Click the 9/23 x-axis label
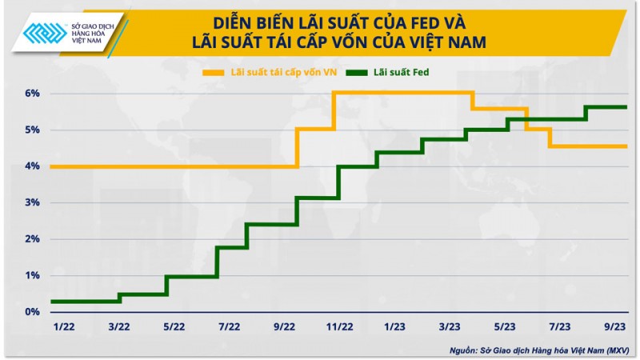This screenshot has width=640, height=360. (614, 326)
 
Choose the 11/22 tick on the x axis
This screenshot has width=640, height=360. (339, 326)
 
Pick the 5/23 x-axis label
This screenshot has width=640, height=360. (504, 326)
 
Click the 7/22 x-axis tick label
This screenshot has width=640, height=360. (229, 326)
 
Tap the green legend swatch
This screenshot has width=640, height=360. (359, 73)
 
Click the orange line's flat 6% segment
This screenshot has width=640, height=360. (400, 93)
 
